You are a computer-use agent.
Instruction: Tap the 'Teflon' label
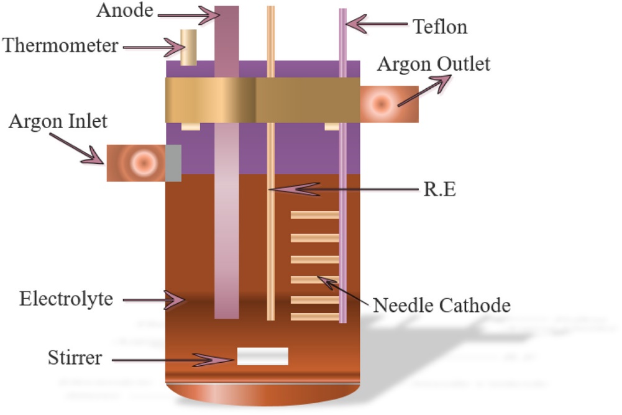[x=440, y=26]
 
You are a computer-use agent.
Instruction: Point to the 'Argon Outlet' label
[x=434, y=64]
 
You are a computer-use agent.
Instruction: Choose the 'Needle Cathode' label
[x=441, y=305]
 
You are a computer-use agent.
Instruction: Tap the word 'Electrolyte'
[x=66, y=299]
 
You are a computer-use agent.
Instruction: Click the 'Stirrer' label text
[x=75, y=358]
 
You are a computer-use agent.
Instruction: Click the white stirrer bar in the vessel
[x=262, y=357]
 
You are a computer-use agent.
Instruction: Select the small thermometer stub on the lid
[x=188, y=47]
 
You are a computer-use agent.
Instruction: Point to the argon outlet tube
[x=388, y=104]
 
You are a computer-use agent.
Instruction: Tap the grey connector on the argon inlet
[x=173, y=163]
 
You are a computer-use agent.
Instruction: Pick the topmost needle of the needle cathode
[x=314, y=215]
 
